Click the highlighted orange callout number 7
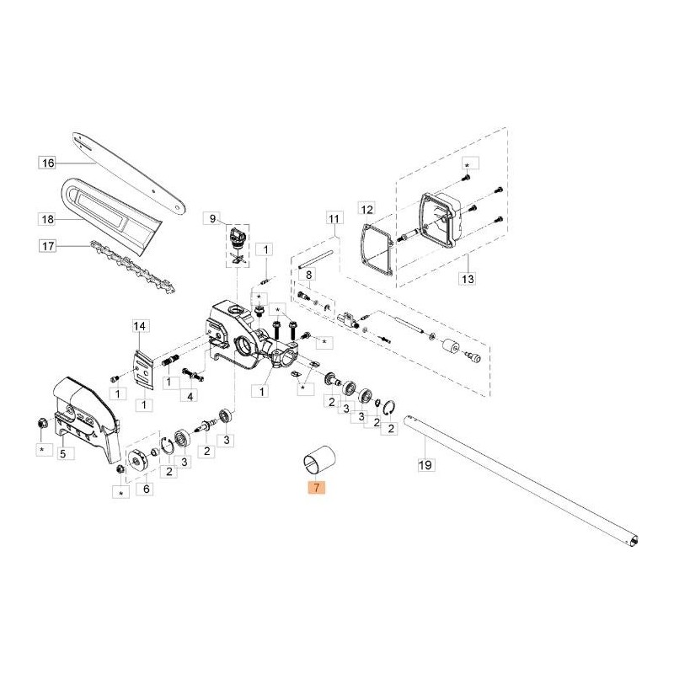[x=315, y=488]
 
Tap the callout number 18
[x=47, y=219]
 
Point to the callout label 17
[x=47, y=247]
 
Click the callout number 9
[x=212, y=219]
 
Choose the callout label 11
[x=333, y=219]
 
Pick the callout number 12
[x=366, y=208]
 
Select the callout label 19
[x=425, y=463]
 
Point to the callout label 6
[x=147, y=488]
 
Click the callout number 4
[x=192, y=395]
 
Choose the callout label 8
[x=309, y=275]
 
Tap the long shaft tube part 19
[x=522, y=480]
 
